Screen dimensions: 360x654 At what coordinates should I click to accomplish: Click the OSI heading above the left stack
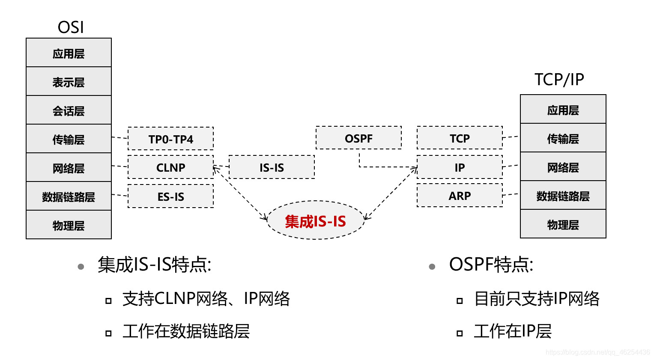click(x=71, y=27)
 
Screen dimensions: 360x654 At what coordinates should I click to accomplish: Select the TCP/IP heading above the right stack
click(x=559, y=80)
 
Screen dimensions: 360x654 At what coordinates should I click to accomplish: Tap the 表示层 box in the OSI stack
click(x=69, y=82)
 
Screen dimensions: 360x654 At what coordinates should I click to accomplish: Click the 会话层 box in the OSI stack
click(x=69, y=110)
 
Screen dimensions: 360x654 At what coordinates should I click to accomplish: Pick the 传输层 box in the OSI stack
click(x=69, y=139)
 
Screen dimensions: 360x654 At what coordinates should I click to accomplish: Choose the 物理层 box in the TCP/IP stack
click(x=563, y=224)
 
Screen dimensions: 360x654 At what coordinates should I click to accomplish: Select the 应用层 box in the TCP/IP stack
click(x=563, y=110)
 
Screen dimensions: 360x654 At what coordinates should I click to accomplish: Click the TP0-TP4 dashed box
click(x=170, y=139)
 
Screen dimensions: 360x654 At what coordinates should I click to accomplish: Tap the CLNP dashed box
click(x=170, y=167)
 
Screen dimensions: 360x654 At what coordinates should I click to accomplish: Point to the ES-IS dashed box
click(x=170, y=196)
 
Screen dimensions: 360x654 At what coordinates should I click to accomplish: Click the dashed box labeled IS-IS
click(x=272, y=167)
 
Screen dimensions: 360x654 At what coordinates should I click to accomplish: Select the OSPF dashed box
click(x=358, y=138)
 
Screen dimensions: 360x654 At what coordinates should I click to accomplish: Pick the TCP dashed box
click(x=460, y=138)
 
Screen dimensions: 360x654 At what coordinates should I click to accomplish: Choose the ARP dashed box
click(x=460, y=196)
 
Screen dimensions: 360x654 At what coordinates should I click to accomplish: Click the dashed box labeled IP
click(x=460, y=167)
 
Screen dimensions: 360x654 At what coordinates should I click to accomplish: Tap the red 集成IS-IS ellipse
click(x=315, y=221)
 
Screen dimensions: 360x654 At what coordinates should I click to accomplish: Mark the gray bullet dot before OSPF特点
click(x=432, y=267)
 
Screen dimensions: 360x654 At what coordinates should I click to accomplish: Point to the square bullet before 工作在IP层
click(x=460, y=333)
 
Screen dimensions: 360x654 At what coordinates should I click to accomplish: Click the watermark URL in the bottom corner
click(x=597, y=352)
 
